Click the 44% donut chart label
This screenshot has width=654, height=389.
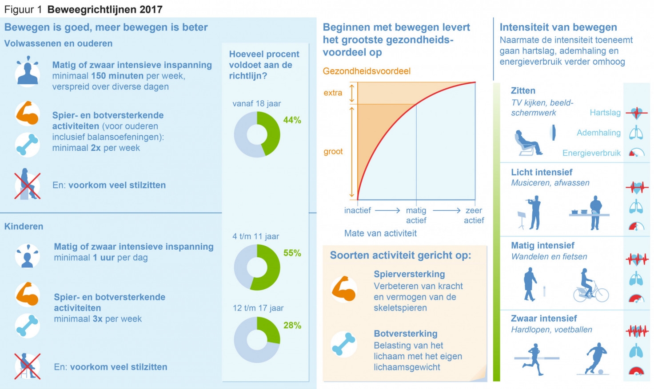(x=292, y=120)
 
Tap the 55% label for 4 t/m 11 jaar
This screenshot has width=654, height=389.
(x=292, y=253)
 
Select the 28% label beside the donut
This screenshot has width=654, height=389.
(x=292, y=325)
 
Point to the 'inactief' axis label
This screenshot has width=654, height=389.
(x=357, y=210)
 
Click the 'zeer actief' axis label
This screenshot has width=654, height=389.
(x=474, y=215)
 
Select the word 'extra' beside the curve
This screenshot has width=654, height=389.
(x=332, y=93)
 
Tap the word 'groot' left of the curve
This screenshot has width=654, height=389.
(x=333, y=152)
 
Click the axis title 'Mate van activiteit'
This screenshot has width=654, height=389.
(x=380, y=233)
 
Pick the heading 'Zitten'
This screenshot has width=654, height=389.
(x=523, y=90)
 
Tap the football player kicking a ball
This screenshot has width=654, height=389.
(x=593, y=359)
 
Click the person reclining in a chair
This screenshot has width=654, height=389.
(x=528, y=143)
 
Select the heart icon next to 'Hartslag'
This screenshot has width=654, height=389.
(x=637, y=113)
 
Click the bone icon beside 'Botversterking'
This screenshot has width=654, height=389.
(x=343, y=344)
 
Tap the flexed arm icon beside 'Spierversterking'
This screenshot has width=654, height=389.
(x=343, y=289)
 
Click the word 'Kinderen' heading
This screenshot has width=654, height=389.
(x=24, y=226)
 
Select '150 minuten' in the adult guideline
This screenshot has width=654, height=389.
(x=117, y=76)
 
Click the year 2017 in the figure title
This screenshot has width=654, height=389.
(x=151, y=10)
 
